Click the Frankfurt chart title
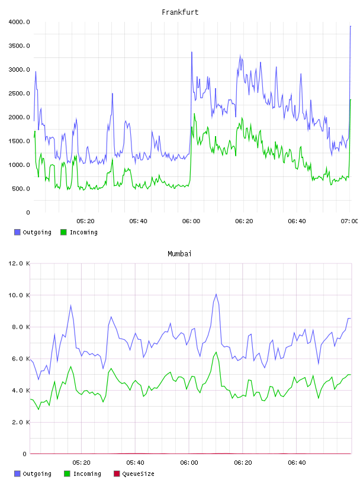pyautogui.click(x=180, y=12)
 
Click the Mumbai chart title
pyautogui.click(x=179, y=254)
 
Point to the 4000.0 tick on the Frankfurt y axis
pyautogui.click(x=19, y=22)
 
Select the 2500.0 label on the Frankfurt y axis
pyautogui.click(x=19, y=94)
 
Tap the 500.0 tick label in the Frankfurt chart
pyautogui.click(x=21, y=188)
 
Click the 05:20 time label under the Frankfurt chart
pyautogui.click(x=85, y=221)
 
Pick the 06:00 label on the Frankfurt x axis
pyautogui.click(x=191, y=221)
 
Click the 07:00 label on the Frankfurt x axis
pyautogui.click(x=349, y=221)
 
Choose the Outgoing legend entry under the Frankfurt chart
pyautogui.click(x=33, y=232)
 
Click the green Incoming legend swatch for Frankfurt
pyautogui.click(x=63, y=232)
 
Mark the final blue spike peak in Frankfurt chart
pyautogui.click(x=351, y=27)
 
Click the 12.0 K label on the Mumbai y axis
pyautogui.click(x=19, y=263)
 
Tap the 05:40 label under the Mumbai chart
pyautogui.click(x=135, y=463)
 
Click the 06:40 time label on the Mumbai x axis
pyautogui.click(x=297, y=463)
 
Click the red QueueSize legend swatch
pyautogui.click(x=117, y=474)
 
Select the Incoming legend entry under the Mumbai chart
pyautogui.click(x=83, y=474)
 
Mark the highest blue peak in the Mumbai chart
pyautogui.click(x=216, y=295)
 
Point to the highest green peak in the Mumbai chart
pyautogui.click(x=216, y=352)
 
